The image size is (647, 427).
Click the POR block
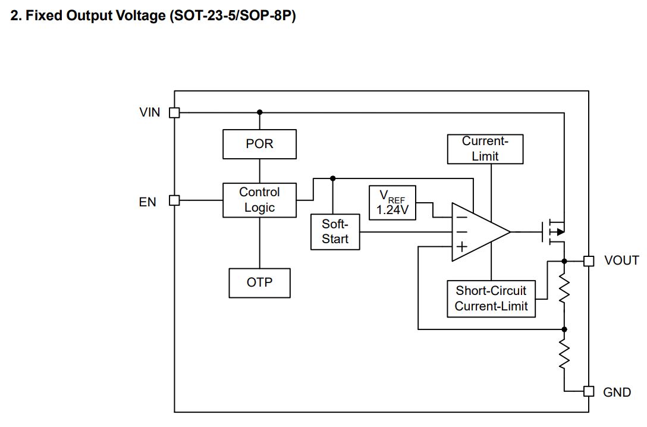[x=259, y=145]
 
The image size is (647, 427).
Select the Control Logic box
[x=259, y=200]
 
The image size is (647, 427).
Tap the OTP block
[x=259, y=282]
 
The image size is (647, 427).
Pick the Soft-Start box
[x=335, y=232]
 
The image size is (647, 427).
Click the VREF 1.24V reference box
[x=392, y=203]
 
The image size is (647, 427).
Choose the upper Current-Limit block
[x=485, y=149]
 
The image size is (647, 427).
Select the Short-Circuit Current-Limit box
[x=491, y=299]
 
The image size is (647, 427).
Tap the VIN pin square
[x=174, y=112]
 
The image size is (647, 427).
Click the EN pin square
[x=174, y=200]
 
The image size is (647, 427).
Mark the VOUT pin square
[x=588, y=260]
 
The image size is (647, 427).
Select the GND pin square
[x=588, y=391]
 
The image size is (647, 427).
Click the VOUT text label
[x=621, y=260]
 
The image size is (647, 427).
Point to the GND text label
[x=617, y=393]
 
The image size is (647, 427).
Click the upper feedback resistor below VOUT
[x=564, y=291]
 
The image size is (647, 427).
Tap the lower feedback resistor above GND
[x=564, y=354]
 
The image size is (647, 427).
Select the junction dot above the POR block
[x=259, y=112]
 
